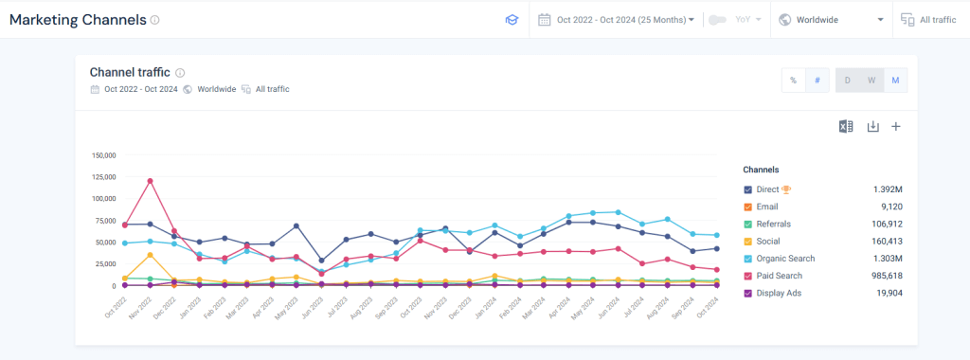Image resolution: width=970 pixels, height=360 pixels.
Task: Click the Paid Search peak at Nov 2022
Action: pyautogui.click(x=150, y=181)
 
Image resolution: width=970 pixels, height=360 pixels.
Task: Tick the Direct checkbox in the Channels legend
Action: pyautogui.click(x=747, y=189)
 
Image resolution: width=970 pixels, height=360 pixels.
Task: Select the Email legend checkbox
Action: pyautogui.click(x=747, y=207)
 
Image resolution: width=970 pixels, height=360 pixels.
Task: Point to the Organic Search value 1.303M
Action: pyautogui.click(x=889, y=259)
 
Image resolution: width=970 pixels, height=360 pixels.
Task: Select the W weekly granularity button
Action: pyautogui.click(x=871, y=81)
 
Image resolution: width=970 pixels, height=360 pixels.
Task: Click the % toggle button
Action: pyautogui.click(x=793, y=81)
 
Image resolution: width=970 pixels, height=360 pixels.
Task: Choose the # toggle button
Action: pyautogui.click(x=817, y=81)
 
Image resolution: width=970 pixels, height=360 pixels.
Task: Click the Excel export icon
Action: pyautogui.click(x=847, y=127)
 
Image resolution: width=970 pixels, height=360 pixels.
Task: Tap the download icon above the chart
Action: pyautogui.click(x=873, y=127)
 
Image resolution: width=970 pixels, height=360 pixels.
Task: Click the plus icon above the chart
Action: pyautogui.click(x=896, y=127)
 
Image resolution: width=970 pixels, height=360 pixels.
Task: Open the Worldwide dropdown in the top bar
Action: pyautogui.click(x=831, y=19)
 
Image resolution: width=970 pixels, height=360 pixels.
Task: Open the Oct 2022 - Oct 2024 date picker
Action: pyautogui.click(x=617, y=19)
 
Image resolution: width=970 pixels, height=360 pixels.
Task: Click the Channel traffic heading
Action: pyautogui.click(x=130, y=72)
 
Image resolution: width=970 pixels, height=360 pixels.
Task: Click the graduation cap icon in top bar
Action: pyautogui.click(x=512, y=19)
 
